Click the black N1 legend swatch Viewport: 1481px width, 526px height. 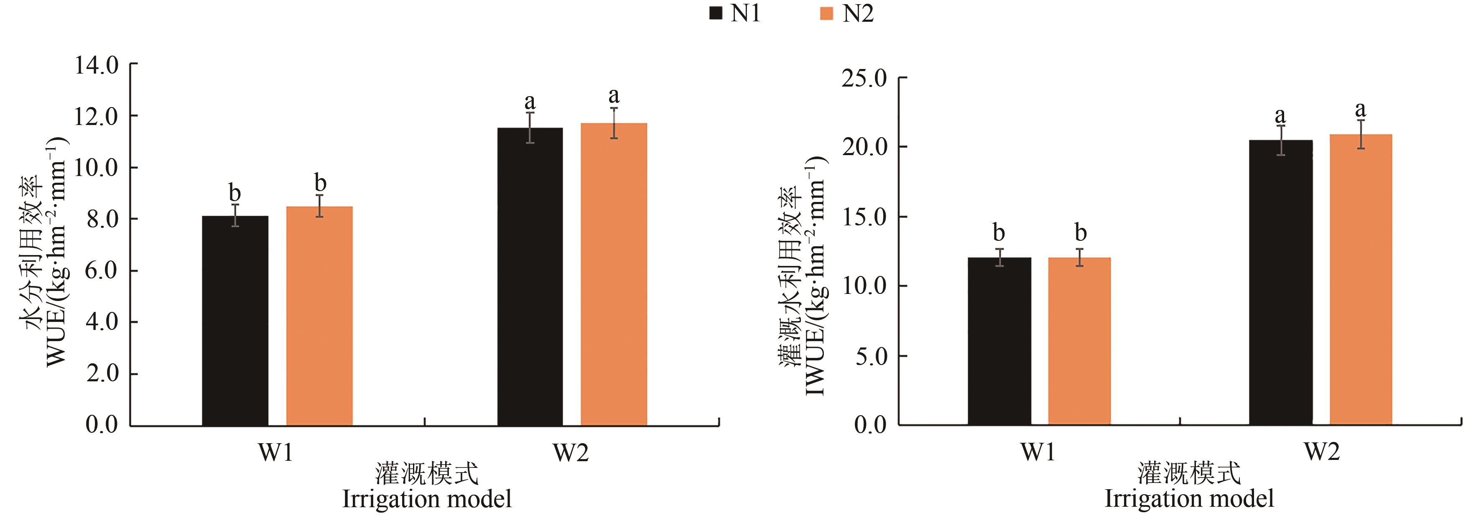click(715, 13)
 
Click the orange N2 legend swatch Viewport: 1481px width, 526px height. click(826, 13)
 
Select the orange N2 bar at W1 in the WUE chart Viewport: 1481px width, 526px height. click(319, 316)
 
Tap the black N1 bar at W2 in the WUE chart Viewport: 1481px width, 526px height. click(530, 276)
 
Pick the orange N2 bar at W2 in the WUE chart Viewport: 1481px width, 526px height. click(614, 274)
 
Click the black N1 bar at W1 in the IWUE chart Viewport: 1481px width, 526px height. click(999, 342)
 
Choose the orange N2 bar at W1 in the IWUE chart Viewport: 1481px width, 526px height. click(1079, 342)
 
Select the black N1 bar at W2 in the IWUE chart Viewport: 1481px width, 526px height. click(1281, 282)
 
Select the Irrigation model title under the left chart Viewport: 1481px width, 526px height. click(427, 498)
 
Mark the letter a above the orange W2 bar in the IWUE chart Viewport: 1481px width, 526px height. click(1360, 109)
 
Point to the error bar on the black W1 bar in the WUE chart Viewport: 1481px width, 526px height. click(235, 215)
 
